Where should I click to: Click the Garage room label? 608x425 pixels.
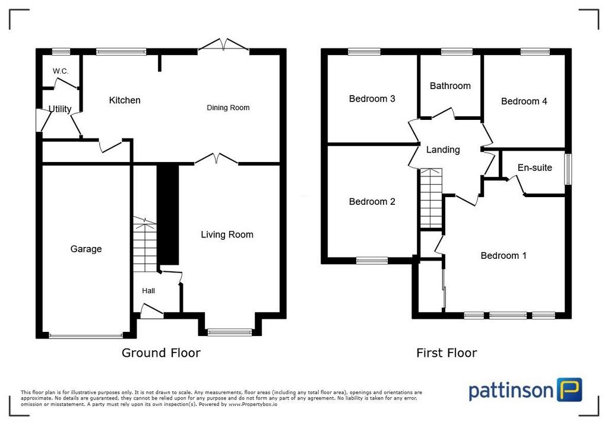coord(86,249)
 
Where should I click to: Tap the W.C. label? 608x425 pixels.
coord(61,71)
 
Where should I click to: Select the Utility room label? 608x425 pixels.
coord(60,109)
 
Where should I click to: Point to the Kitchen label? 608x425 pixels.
coord(125,100)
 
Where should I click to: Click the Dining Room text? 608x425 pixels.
coord(228,108)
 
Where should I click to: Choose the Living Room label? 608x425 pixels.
coord(227,234)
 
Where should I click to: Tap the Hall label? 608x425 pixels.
coord(148,291)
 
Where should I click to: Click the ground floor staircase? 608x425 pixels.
coord(145,245)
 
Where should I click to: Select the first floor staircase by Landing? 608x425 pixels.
coord(431,198)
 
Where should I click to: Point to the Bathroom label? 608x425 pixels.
coord(450,85)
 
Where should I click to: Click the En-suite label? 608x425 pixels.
coord(535,167)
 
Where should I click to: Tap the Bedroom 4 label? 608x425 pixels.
coord(524,102)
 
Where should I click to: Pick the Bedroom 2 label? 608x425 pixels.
coord(372,202)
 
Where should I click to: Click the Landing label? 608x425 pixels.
coord(443,150)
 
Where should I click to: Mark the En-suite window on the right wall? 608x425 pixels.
coord(568,169)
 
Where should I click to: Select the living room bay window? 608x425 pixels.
coord(230,332)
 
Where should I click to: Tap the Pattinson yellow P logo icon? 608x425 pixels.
coord(569,390)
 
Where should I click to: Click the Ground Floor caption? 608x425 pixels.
coord(161,353)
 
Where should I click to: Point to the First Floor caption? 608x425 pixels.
coord(446,353)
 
